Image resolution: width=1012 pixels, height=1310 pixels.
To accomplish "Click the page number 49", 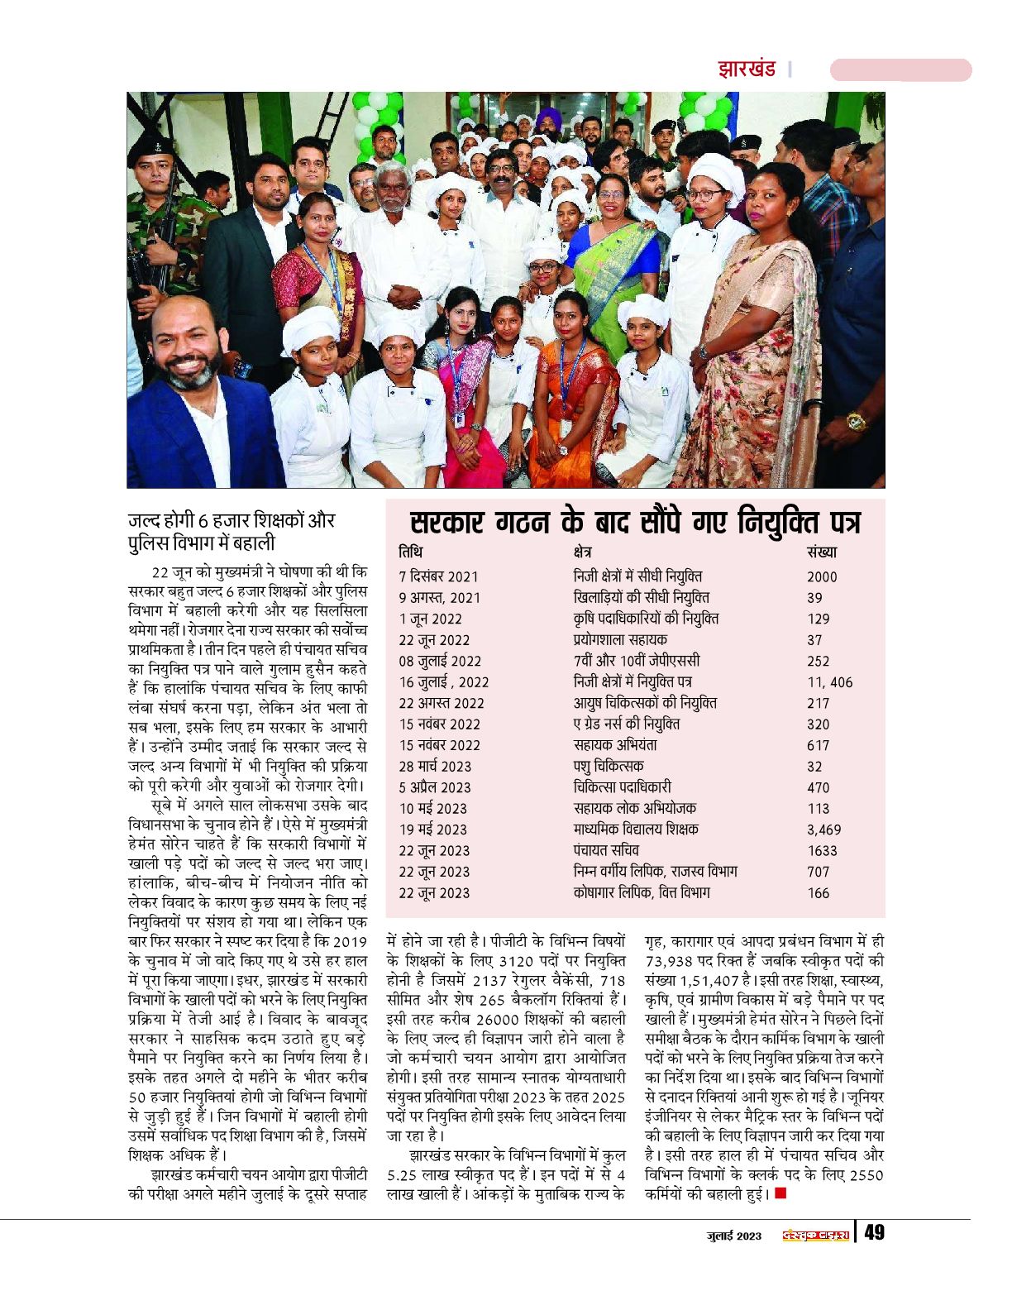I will pyautogui.click(x=874, y=1233).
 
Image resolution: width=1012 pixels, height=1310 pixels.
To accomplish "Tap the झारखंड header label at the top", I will pyautogui.click(x=747, y=69).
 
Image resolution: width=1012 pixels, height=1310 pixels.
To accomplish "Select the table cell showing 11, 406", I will pyautogui.click(x=829, y=682).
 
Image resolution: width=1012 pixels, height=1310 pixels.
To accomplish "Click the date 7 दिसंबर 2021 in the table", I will pyautogui.click(x=438, y=576).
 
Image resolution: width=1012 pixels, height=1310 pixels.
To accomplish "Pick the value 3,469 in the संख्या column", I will pyautogui.click(x=823, y=830).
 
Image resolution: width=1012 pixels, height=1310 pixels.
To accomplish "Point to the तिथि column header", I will pyautogui.click(x=410, y=552).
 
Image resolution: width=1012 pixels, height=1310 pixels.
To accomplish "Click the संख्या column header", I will pyautogui.click(x=821, y=552).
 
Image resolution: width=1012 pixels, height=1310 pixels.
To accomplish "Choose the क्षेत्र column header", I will pyautogui.click(x=582, y=552).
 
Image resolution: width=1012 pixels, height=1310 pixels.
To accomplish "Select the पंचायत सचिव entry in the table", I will pyautogui.click(x=606, y=850).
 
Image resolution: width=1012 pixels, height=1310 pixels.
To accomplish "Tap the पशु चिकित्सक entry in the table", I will pyautogui.click(x=608, y=766).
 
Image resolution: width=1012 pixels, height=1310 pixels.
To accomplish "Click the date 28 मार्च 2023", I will pyautogui.click(x=435, y=767).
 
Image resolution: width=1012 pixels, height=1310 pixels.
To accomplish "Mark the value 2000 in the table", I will pyautogui.click(x=822, y=576).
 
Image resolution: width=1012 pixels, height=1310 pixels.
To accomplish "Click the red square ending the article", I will pyautogui.click(x=780, y=1193).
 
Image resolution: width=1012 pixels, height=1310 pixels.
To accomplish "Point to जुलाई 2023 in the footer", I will pyautogui.click(x=733, y=1236).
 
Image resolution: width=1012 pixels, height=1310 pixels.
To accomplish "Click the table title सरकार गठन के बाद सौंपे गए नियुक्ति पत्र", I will pyautogui.click(x=635, y=524).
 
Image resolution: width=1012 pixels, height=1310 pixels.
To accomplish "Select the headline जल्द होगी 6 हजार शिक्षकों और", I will pyautogui.click(x=232, y=520).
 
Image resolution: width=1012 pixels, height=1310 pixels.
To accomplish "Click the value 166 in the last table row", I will pyautogui.click(x=818, y=893).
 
